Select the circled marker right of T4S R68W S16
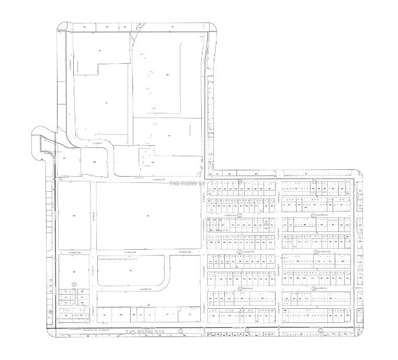click(x=180, y=331)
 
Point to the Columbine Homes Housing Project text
click(x=121, y=258)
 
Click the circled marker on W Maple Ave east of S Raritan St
click(x=313, y=215)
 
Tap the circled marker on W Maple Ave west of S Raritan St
click(x=240, y=215)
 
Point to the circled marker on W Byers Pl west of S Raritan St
click(x=240, y=288)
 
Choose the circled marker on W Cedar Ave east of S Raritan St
click(x=315, y=252)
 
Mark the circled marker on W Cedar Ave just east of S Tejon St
click(x=240, y=252)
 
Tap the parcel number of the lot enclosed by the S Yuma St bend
click(x=95, y=161)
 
